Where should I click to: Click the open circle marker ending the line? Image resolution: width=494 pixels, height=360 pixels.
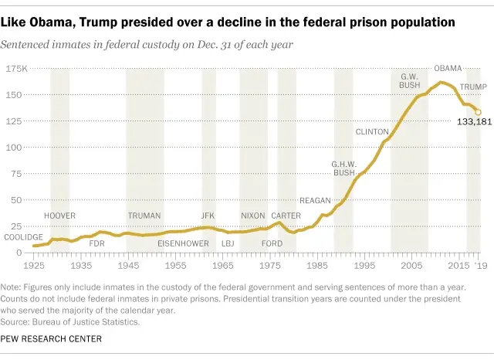478,112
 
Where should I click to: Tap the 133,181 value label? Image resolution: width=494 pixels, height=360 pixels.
474,122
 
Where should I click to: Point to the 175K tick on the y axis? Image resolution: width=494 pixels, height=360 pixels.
16,69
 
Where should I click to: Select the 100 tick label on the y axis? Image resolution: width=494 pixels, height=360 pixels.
14,148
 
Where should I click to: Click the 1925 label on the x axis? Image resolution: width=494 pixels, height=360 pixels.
34,266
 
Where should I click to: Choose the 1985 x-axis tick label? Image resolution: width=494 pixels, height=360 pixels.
317,266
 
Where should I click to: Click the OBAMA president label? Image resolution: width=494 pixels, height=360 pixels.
448,69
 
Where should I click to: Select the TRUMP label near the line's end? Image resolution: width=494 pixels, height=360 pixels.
473,87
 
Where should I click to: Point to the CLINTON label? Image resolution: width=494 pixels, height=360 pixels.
372,132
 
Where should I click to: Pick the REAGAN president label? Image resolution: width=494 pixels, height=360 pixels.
315,201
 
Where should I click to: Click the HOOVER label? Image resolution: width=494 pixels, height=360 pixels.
60,216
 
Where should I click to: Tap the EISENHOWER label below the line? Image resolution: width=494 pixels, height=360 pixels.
183,243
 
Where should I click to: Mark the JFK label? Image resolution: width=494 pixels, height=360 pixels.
208,216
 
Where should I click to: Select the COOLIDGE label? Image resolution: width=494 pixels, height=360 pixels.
23,237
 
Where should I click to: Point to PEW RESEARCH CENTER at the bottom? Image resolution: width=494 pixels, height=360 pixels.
51,339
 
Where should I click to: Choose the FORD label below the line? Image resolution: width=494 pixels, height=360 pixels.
272,243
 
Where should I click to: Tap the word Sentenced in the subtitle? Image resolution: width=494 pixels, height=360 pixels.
25,45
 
